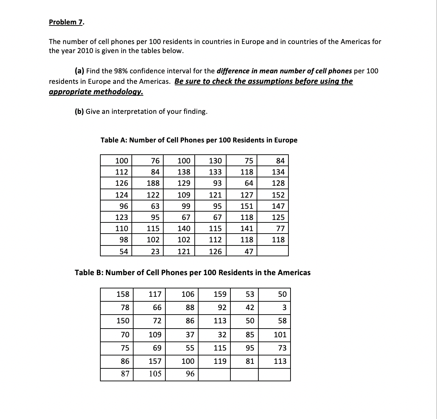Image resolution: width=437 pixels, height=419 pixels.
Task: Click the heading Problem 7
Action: pyautogui.click(x=66, y=22)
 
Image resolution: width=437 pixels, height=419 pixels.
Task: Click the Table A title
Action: pyautogui.click(x=199, y=140)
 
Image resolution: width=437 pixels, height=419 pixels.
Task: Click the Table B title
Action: pyautogui.click(x=193, y=272)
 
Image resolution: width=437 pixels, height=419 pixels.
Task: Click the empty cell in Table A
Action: pyautogui.click(x=273, y=251)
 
